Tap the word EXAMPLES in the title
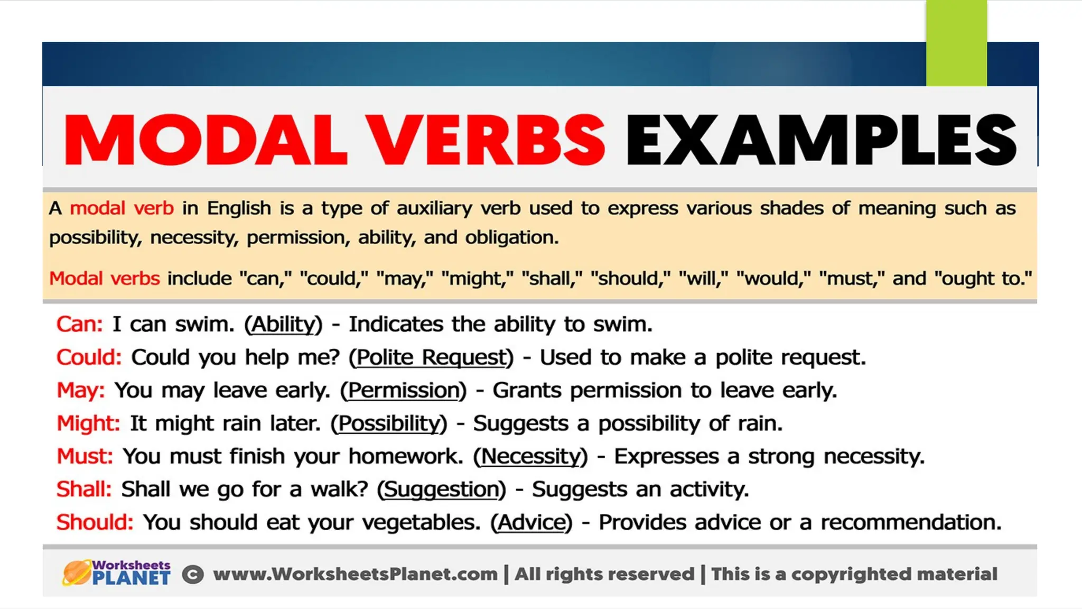[x=820, y=140]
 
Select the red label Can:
[x=80, y=324]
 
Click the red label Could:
[x=89, y=357]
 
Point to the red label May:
[x=81, y=390]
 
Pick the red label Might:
[x=89, y=423]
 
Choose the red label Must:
[x=85, y=456]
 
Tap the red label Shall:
[x=84, y=490]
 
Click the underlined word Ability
[x=283, y=324]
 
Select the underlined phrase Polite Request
[x=431, y=357]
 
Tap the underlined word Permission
[x=404, y=390]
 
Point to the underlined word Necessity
[x=530, y=456]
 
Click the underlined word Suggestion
[x=441, y=490]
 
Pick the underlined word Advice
[x=531, y=522]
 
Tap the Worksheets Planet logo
[x=116, y=573]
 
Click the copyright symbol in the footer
[x=193, y=575]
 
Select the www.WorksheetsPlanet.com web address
[x=355, y=574]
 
